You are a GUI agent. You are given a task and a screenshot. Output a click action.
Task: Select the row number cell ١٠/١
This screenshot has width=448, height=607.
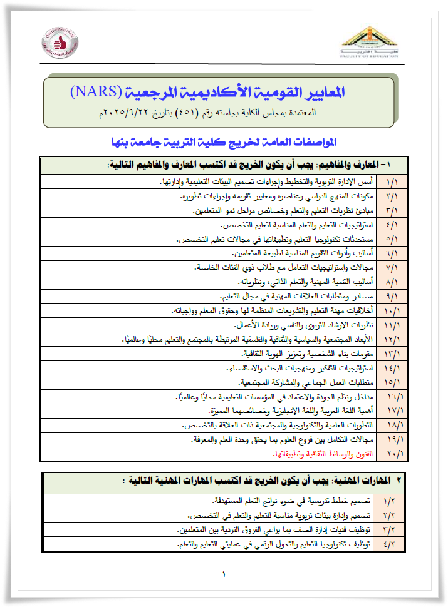(x=390, y=311)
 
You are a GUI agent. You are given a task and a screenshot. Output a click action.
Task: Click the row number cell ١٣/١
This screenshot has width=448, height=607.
(x=390, y=354)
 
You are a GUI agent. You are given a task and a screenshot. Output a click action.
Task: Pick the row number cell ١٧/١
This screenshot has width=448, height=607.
(x=390, y=411)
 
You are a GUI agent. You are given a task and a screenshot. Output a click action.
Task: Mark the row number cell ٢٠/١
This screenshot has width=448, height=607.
(x=390, y=454)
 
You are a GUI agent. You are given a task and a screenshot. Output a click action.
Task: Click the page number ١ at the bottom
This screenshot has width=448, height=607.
(x=224, y=575)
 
